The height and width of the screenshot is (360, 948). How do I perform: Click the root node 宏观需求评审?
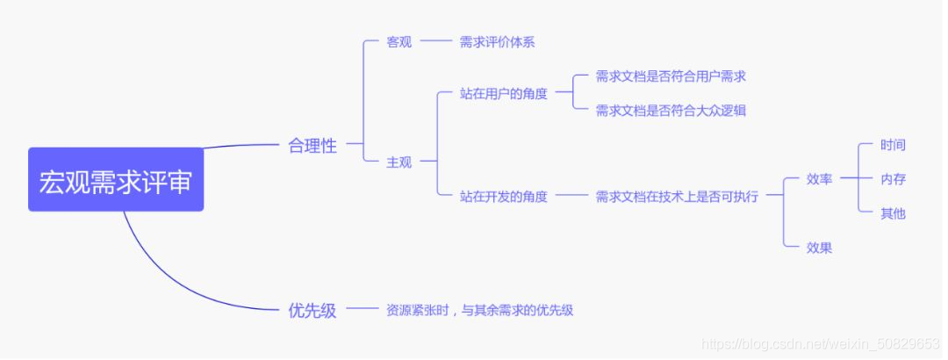[116, 180]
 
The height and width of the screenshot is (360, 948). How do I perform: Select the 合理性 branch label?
[312, 147]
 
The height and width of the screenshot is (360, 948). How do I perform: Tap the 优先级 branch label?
[312, 310]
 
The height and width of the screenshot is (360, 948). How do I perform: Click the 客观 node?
[399, 42]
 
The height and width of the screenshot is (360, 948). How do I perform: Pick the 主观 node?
[399, 162]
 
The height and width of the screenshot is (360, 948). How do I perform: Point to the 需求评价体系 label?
[497, 42]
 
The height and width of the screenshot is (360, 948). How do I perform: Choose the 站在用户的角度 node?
[503, 94]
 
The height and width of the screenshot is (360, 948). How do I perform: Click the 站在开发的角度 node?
[503, 197]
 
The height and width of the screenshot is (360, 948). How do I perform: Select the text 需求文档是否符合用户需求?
[671, 76]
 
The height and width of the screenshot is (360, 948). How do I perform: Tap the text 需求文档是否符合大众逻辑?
[671, 111]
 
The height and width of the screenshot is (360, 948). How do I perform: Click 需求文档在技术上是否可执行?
[677, 197]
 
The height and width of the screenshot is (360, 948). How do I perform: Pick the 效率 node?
[819, 179]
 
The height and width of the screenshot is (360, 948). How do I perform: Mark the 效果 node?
[819, 248]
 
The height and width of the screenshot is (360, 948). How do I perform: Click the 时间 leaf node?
[893, 145]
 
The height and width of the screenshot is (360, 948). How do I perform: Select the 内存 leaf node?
[893, 179]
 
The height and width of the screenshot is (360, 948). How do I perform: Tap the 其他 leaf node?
[893, 213]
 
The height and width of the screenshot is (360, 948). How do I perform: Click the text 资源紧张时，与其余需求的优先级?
[479, 310]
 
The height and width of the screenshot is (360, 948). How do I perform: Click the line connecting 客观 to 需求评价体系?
[434, 41]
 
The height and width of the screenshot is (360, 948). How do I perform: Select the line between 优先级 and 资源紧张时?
[360, 309]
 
